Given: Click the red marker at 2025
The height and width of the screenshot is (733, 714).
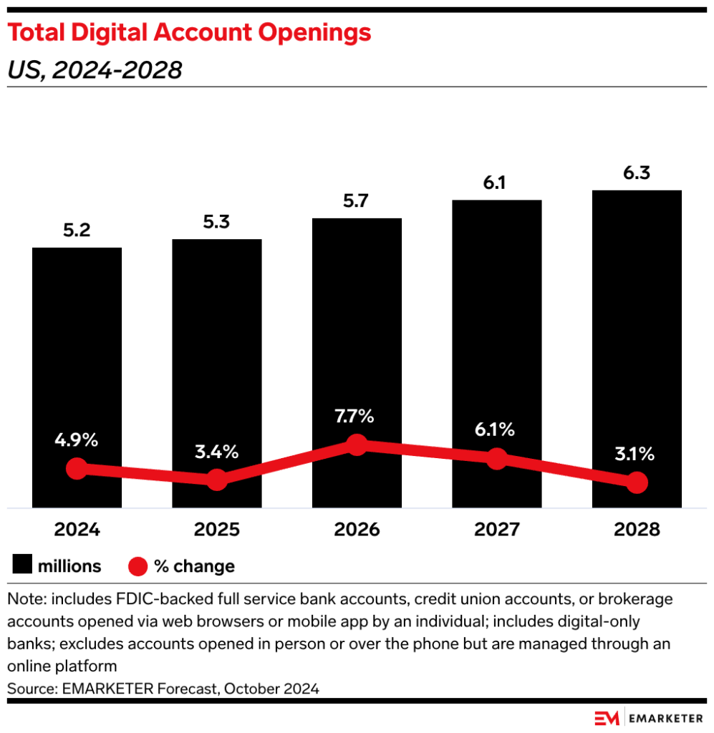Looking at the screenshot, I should (x=217, y=480).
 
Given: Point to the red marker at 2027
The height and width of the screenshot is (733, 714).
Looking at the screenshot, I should (x=496, y=459).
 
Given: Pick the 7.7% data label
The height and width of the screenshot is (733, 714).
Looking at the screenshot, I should (x=356, y=416).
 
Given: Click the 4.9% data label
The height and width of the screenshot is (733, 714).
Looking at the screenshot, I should (x=77, y=440).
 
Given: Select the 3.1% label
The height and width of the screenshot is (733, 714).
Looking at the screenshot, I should (x=636, y=454).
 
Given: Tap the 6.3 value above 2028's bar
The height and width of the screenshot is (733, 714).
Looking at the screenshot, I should (x=637, y=173).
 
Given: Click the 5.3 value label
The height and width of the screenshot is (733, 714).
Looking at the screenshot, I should (x=216, y=222).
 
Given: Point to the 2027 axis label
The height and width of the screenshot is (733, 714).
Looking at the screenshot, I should (x=496, y=530).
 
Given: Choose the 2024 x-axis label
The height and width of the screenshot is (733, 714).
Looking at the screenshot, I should (x=77, y=530).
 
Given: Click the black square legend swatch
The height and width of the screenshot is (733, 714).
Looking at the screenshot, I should (x=22, y=566).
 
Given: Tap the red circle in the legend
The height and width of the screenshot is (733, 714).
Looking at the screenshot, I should (x=138, y=567).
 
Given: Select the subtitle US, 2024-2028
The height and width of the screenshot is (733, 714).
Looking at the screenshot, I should (x=95, y=69).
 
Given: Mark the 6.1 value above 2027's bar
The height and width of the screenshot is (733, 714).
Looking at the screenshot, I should (x=496, y=183).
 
